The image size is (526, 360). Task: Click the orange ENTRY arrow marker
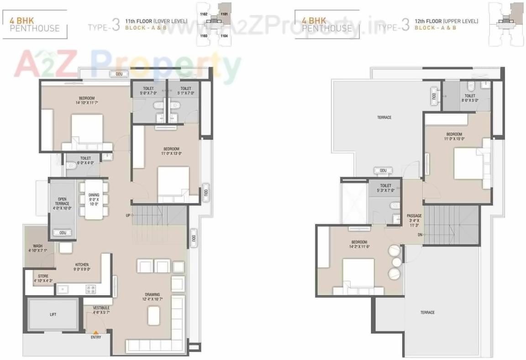point(96,332)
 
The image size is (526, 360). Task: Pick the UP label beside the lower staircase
point(128,215)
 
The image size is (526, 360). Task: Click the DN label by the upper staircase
point(419,235)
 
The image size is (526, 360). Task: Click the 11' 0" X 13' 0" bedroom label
point(171,151)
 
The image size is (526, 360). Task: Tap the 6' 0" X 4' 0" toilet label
point(85,160)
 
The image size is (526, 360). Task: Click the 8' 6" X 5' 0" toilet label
point(470,98)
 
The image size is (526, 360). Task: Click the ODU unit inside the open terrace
point(63,233)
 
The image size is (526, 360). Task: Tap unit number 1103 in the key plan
point(204,35)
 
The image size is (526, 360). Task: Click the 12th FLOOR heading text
point(446,21)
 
